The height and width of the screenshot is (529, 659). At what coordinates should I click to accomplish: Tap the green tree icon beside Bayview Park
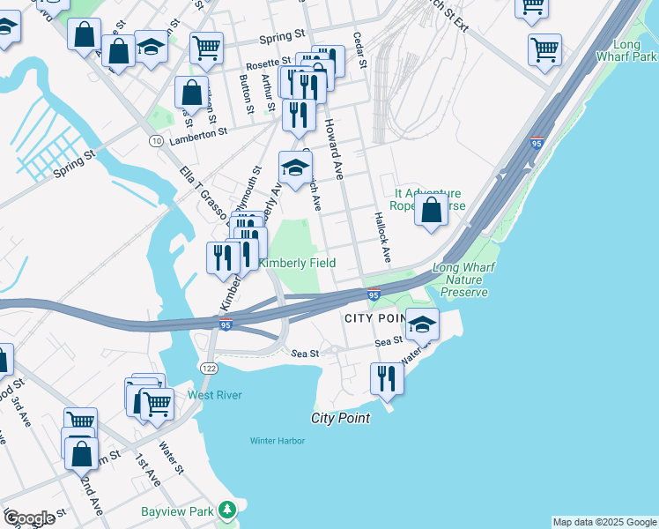coord(228,510)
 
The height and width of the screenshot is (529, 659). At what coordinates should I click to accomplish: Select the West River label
coord(214,395)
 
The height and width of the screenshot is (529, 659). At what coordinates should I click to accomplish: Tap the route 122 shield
coord(208,368)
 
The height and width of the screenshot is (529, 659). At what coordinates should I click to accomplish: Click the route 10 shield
coord(155,141)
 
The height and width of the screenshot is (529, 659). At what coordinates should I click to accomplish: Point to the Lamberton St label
coord(198,131)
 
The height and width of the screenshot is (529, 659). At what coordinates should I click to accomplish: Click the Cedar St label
coord(359,51)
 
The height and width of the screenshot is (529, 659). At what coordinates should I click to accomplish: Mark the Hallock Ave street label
coord(381,237)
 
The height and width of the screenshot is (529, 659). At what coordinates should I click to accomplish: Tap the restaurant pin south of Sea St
coord(386,376)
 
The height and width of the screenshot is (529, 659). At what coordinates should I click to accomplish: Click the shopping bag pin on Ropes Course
coord(431,211)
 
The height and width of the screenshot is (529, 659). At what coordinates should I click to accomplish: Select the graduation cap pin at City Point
coord(422,324)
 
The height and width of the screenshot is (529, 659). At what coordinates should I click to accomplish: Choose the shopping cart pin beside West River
coord(157,405)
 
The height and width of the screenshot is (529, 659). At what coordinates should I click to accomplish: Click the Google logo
coord(29,518)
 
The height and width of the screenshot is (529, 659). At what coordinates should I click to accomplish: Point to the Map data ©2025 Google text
coord(603,522)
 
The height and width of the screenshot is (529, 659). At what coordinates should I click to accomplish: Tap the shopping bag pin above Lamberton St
coord(191,92)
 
